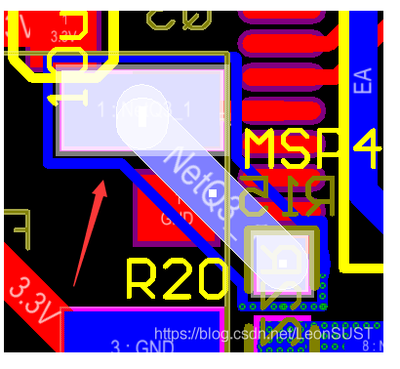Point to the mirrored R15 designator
290,198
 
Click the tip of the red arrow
102,183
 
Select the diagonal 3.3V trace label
30,297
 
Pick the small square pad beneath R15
282,262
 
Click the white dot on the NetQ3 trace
212,194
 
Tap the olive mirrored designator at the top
180,14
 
